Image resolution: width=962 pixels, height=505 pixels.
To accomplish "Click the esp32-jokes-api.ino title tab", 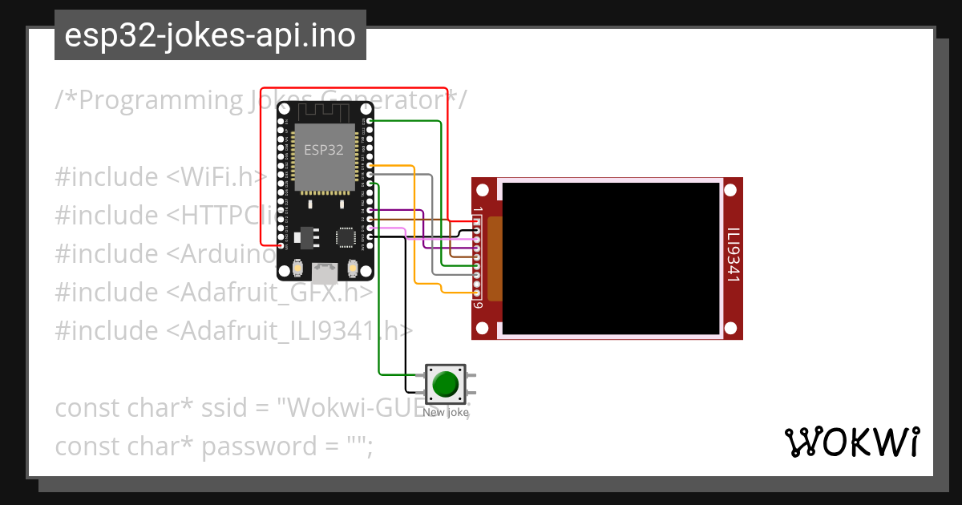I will tap(210, 35).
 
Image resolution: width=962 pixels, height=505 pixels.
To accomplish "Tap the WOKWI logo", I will tap(851, 442).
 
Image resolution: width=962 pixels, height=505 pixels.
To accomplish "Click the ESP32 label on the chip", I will tap(323, 150).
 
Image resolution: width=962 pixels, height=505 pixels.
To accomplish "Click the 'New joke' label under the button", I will tap(445, 413).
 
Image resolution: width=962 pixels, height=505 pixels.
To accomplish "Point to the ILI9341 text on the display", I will tap(733, 257).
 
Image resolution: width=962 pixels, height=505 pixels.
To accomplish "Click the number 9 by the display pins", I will tap(477, 305).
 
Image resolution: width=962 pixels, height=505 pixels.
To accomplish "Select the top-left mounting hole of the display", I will tap(482, 191).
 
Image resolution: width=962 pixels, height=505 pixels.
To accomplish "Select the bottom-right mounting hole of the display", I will tap(730, 328).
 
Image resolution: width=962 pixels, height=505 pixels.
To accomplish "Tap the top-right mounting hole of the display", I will tap(730, 191).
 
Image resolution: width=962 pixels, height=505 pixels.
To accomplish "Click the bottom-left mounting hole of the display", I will tap(482, 328).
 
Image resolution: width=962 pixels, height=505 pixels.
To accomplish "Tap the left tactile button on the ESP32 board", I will tap(297, 268).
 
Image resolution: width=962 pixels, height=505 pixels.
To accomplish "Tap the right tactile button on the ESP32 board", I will tap(353, 268).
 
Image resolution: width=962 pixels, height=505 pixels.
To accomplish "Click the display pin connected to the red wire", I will tap(476, 222).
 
